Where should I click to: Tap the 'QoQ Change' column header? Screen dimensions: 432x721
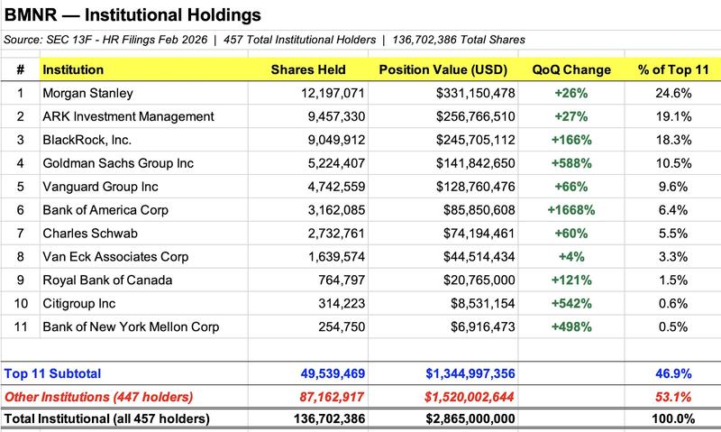click(571, 69)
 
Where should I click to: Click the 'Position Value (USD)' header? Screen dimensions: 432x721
click(442, 69)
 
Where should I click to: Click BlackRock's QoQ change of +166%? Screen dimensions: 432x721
click(572, 140)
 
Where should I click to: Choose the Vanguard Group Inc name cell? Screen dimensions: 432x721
click(100, 187)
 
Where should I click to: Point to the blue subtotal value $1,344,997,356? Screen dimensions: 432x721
click(459, 373)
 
